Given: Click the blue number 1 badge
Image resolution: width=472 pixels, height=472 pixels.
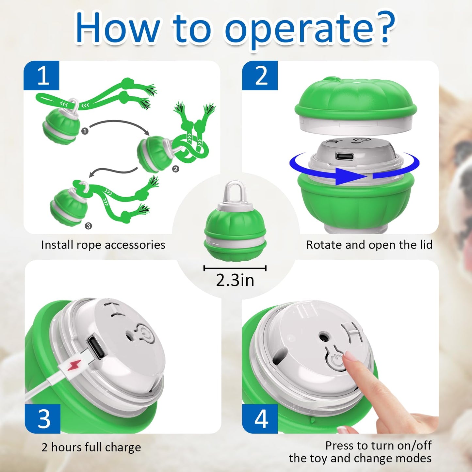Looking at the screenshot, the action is pyautogui.click(x=41, y=75).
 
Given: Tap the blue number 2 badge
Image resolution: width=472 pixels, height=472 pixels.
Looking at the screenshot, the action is pyautogui.click(x=260, y=75).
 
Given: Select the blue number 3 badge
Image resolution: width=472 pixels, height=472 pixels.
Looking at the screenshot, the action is pyautogui.click(x=42, y=419).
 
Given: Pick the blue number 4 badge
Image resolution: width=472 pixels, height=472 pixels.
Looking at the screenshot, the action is pyautogui.click(x=260, y=419).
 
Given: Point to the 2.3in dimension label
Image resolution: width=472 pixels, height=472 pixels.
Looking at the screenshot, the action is pyautogui.click(x=235, y=280).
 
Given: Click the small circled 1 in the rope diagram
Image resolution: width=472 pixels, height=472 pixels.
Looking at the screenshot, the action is pyautogui.click(x=85, y=131).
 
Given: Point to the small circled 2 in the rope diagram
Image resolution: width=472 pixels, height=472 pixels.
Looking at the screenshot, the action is pyautogui.click(x=176, y=169).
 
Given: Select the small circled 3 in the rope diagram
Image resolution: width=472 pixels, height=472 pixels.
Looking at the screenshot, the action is pyautogui.click(x=89, y=226).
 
